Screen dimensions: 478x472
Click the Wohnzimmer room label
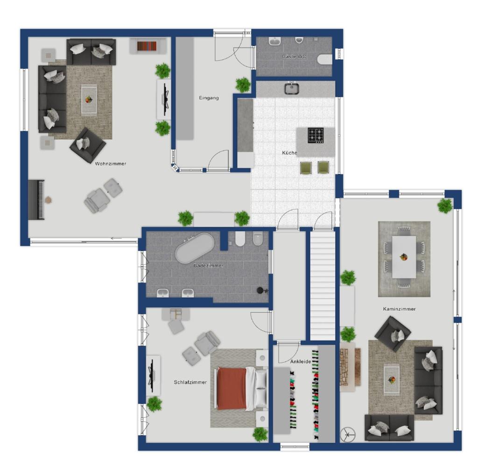coord(110,164)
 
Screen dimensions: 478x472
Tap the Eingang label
coord(209,98)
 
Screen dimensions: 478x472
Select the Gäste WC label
coord(294,57)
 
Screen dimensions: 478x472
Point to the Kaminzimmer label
coord(400,309)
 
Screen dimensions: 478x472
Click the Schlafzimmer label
coord(190,382)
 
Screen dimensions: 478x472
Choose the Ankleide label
coord(301,362)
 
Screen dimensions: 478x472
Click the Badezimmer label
coord(209,266)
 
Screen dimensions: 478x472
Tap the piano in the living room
coord(36,200)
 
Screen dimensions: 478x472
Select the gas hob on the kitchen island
coord(316,136)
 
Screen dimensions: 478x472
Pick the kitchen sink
coord(292,89)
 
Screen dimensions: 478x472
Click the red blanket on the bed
coord(232,388)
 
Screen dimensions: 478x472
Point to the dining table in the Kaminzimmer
coord(404,257)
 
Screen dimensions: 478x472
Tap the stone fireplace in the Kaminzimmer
coord(346,367)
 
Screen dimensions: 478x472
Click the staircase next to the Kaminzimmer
coord(323,285)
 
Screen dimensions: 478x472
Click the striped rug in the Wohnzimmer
coord(147,46)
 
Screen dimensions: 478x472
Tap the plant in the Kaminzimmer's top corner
coord(445,206)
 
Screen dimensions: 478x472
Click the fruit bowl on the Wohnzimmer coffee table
coord(89,100)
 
